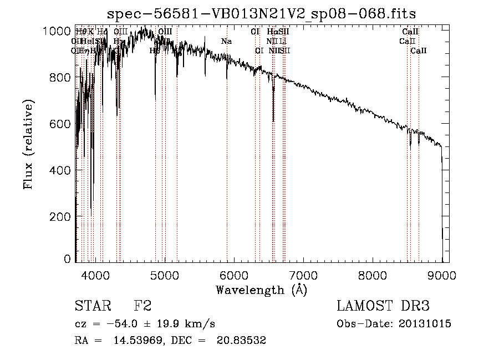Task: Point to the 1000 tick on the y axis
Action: [x=57, y=31]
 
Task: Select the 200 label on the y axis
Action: [x=61, y=216]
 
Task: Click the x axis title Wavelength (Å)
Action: [x=261, y=290]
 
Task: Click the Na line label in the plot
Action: [x=226, y=42]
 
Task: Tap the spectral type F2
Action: [x=142, y=306]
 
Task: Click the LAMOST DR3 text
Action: [x=383, y=306]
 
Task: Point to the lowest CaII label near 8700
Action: [x=419, y=51]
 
